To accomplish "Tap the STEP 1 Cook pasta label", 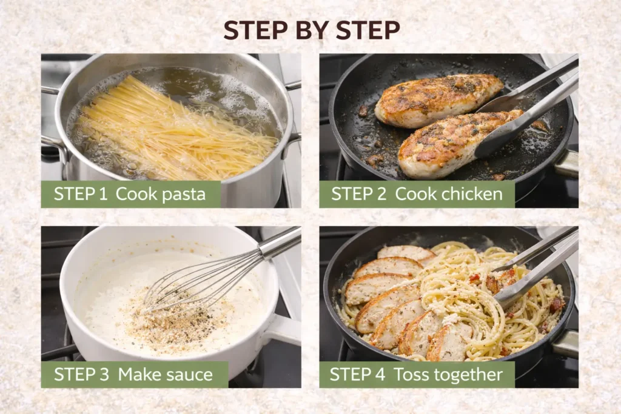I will (130, 194).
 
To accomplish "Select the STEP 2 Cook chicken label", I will (417, 194).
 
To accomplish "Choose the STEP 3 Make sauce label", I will (134, 375).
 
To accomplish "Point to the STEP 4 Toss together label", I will (417, 375).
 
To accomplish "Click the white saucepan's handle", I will (283, 330).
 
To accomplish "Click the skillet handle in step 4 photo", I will (565, 344).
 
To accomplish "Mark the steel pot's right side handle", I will (293, 139).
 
